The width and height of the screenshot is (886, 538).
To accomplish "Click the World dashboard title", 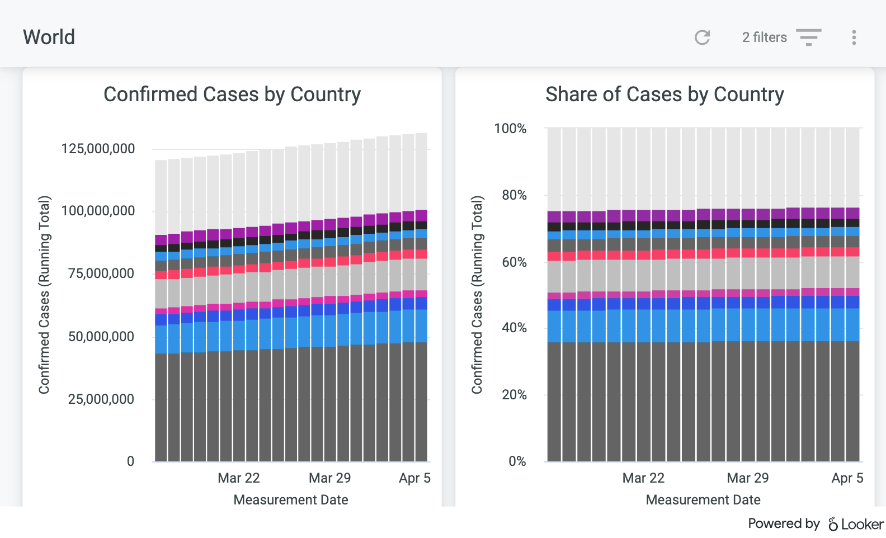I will point(49,37).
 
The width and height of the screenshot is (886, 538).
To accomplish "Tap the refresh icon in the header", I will point(702,37).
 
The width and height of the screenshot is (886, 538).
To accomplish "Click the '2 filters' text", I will point(764,37).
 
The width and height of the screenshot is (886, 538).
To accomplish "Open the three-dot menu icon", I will point(854,37).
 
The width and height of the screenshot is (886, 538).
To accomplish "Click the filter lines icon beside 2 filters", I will point(808,37).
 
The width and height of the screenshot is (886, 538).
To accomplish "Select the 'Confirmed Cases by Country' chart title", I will point(232,95).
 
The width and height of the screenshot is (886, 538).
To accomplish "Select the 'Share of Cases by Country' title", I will point(664,95).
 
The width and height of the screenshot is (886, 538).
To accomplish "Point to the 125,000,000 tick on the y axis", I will point(98,149).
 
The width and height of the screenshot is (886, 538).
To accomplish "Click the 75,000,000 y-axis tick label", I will point(101,273).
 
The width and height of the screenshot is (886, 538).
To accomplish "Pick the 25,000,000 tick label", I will point(101,399).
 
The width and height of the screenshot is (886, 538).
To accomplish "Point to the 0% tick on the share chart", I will point(517,461).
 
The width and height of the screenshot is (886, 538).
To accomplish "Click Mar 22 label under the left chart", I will point(239,478).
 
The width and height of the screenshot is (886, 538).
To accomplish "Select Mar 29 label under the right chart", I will point(747,478).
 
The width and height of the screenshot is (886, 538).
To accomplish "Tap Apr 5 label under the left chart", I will point(414,478).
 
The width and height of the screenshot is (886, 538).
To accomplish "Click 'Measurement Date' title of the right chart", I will point(703,500).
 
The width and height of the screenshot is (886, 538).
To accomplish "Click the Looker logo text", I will point(856,524).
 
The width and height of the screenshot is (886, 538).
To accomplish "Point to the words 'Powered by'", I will point(783,523).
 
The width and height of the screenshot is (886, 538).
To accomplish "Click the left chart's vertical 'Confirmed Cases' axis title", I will point(45,295).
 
